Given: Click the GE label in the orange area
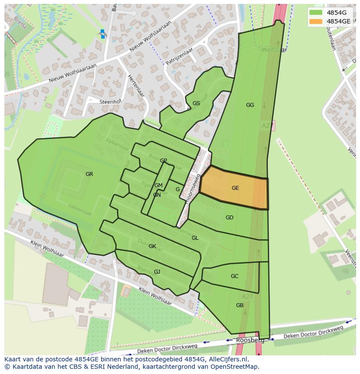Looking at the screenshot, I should pyautogui.click(x=235, y=188).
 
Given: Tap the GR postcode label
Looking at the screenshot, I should pyautogui.click(x=89, y=174).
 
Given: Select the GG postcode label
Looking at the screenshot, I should pyautogui.click(x=250, y=105).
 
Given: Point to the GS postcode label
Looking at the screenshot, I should pyautogui.click(x=196, y=103).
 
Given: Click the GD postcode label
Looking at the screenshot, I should pyautogui.click(x=229, y=218).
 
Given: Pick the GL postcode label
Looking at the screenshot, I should pyautogui.click(x=195, y=238).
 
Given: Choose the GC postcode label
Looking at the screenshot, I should pyautogui.click(x=234, y=276).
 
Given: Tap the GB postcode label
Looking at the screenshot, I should pyautogui.click(x=240, y=305).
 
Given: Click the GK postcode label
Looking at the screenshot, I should pyautogui.click(x=152, y=246).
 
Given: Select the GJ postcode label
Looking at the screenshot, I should pyautogui.click(x=157, y=272).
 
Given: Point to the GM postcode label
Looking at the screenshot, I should pyautogui.click(x=158, y=185).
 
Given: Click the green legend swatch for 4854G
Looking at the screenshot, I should pyautogui.click(x=316, y=13).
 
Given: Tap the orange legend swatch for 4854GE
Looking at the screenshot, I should pyautogui.click(x=316, y=21).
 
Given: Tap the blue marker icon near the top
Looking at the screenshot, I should pyautogui.click(x=103, y=34).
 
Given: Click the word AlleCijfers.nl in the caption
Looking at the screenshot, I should pyautogui.click(x=227, y=359).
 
